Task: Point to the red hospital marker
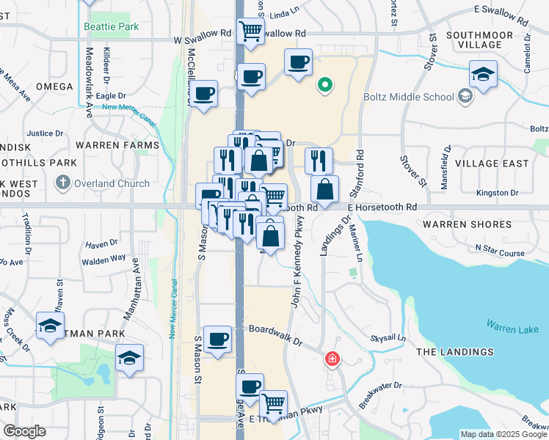332,359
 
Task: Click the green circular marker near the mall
324,86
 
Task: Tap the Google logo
23,431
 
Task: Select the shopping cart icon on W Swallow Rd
251,31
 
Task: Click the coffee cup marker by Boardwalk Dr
217,340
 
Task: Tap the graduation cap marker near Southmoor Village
483,74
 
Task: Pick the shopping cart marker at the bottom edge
273,404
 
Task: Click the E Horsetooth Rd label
382,208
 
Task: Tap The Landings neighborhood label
455,353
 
